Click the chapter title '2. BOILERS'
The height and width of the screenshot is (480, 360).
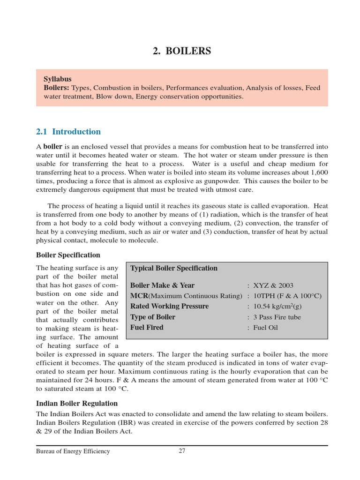tap(182, 51)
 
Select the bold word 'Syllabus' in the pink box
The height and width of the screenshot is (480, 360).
tap(58, 79)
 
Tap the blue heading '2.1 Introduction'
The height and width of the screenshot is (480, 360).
tap(68, 132)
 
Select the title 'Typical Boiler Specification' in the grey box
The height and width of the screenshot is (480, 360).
tap(173, 268)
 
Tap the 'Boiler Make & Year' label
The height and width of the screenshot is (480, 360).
tap(162, 285)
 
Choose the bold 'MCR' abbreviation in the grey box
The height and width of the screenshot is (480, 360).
tap(139, 296)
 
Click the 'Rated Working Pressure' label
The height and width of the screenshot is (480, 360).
tap(169, 307)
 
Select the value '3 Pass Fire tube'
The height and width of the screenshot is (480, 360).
tap(277, 317)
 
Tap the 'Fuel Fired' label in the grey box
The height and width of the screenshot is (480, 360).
tap(147, 328)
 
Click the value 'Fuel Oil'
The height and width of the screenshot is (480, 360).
tap(265, 328)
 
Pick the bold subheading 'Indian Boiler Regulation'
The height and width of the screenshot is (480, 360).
tap(77, 403)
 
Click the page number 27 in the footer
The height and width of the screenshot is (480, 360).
tap(182, 451)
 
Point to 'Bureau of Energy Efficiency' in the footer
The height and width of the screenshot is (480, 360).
tap(73, 451)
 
